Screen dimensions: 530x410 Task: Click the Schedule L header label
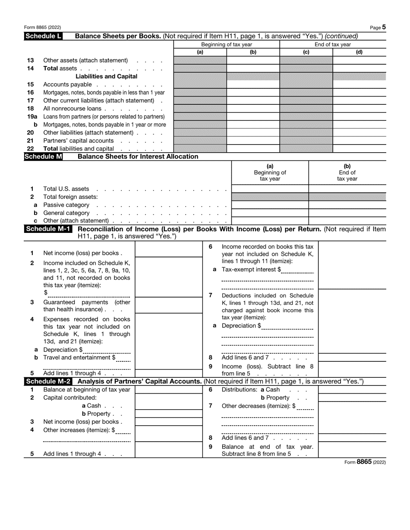[43, 36]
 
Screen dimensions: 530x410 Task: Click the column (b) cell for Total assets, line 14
[253, 68]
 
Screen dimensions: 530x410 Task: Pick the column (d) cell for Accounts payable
[359, 85]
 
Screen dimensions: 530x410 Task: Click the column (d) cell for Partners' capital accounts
[359, 141]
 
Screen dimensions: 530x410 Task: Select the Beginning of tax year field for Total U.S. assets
[270, 189]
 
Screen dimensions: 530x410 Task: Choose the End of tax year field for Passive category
[347, 205]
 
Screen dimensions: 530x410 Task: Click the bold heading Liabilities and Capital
[107, 76]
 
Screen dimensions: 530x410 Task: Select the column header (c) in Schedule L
[306, 52]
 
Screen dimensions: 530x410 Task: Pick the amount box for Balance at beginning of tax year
[169, 390]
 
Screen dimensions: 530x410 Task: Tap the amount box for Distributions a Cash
[352, 389]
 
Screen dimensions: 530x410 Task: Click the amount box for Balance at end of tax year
[352, 451]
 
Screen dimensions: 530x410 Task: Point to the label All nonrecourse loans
[72, 109]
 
